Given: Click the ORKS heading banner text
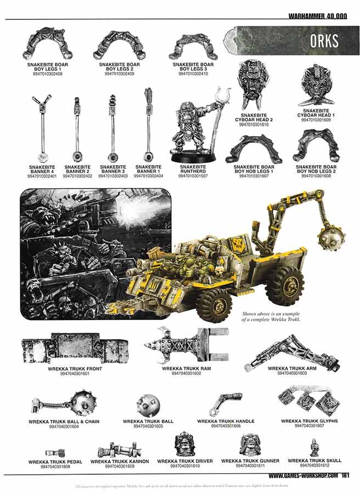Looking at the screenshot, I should (x=324, y=41).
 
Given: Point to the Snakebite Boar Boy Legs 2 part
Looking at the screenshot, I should (x=118, y=46).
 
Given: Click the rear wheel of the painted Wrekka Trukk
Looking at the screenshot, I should (x=285, y=284).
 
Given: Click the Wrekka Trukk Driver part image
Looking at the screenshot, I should (x=182, y=445).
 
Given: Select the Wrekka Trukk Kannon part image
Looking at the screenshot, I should (x=119, y=450).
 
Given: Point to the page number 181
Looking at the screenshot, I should (x=346, y=476).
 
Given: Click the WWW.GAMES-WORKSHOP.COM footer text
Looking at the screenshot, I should (x=303, y=476).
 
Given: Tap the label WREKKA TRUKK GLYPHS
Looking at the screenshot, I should (x=309, y=421).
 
